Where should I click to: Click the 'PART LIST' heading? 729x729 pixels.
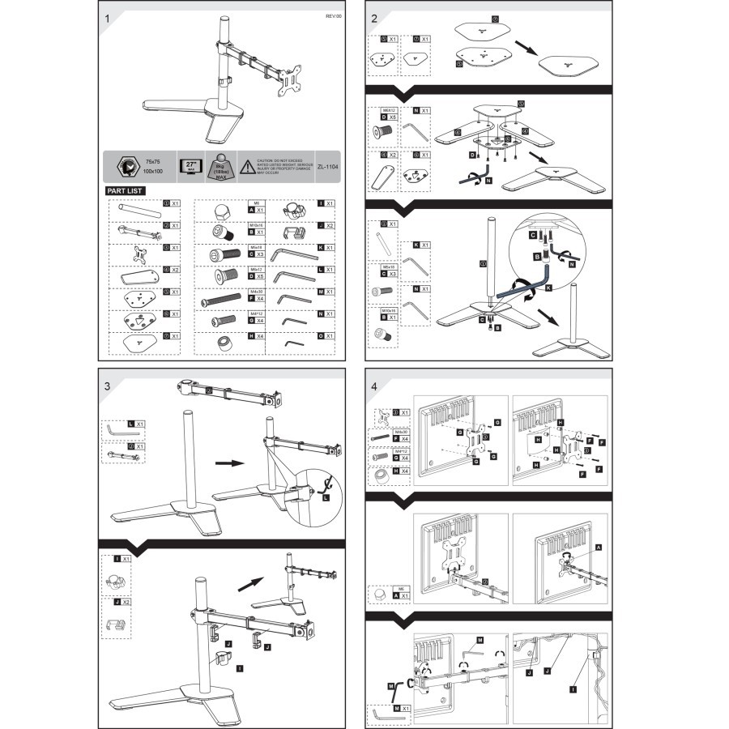pos(126,190)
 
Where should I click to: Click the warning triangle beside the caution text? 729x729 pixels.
pos(245,164)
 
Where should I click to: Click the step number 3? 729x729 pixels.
pos(108,386)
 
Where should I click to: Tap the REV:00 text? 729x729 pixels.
pos(335,16)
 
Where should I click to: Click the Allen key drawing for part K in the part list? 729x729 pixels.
pos(293,254)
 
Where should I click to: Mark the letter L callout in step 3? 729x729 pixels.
pos(324,499)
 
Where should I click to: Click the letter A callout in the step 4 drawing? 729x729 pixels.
pos(598,548)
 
